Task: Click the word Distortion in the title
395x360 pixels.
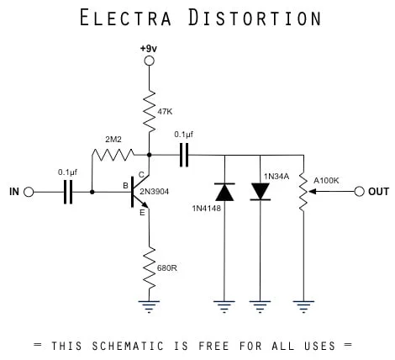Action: coord(251,18)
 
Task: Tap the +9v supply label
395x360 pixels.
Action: coord(149,48)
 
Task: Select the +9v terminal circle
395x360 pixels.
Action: coord(149,61)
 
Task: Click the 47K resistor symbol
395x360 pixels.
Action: coord(149,109)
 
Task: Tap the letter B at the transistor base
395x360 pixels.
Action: coord(126,185)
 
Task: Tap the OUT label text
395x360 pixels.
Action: coord(378,192)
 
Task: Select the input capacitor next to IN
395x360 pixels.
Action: coord(69,193)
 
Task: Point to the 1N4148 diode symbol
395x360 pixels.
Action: coord(224,192)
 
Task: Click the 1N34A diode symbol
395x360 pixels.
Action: coord(261,192)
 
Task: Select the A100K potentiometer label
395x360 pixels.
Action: coord(328,178)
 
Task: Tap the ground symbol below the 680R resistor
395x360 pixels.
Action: coord(149,307)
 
